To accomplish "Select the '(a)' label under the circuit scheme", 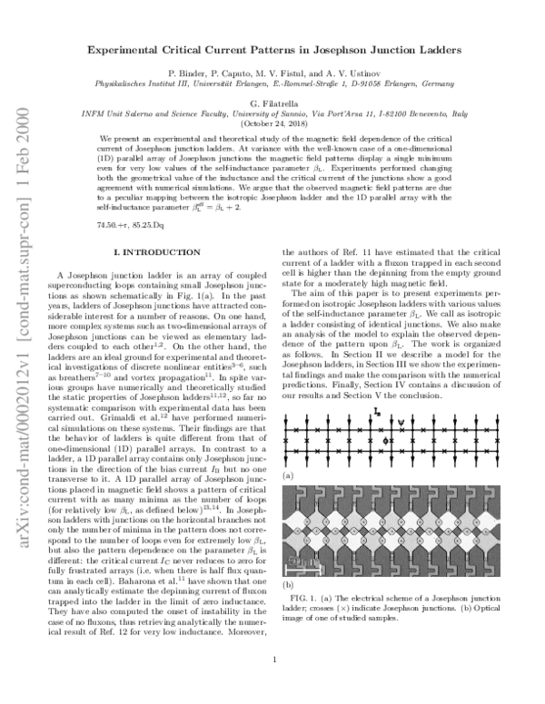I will tap(288, 475).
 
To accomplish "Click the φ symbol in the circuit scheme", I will tap(387, 440).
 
